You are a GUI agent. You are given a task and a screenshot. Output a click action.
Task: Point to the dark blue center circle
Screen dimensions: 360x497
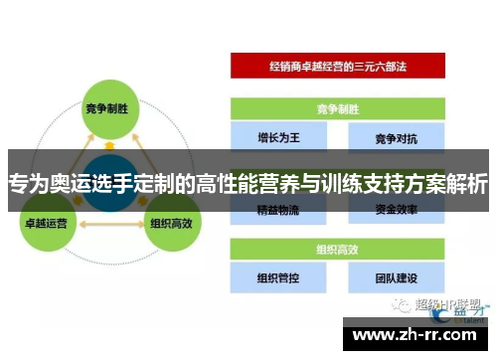(107, 183)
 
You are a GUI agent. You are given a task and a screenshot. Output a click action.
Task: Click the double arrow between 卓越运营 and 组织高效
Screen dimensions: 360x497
(107, 226)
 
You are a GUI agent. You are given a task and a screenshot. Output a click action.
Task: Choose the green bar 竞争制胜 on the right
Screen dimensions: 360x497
(338, 107)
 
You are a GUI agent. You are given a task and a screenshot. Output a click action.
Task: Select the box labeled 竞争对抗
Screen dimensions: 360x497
(396, 133)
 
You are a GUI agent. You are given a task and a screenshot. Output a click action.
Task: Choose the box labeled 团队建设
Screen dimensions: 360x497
(396, 278)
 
